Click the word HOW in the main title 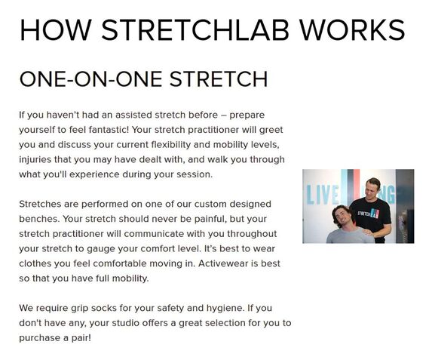tap(56, 30)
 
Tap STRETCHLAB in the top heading tap(195, 30)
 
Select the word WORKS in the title tap(352, 30)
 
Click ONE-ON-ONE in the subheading tap(90, 79)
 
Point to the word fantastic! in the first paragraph tap(109, 130)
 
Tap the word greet tap(271, 130)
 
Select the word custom tap(210, 204)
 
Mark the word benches tap(39, 219)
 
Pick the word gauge tap(101, 249)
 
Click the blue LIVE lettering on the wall tap(323, 195)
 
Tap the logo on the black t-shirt tap(369, 214)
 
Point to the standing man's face tap(371, 189)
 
